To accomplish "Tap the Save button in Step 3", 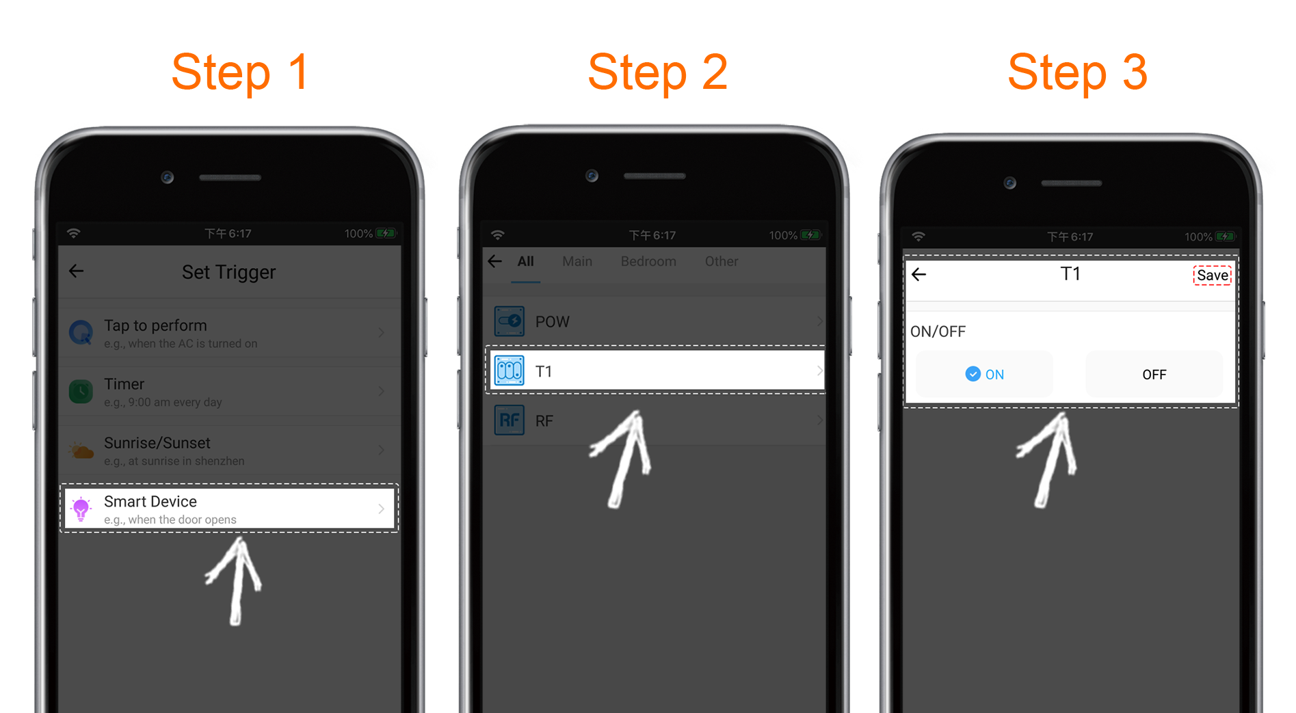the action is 1213,275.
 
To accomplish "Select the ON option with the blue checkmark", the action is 984,374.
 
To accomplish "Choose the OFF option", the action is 1154,374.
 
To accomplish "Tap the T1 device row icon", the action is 510,371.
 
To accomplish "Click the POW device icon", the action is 510,321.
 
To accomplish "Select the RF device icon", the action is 510,420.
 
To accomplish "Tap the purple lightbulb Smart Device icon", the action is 81,509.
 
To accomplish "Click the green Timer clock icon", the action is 81,392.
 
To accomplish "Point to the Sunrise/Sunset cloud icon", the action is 81,450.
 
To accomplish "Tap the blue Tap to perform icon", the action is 81,333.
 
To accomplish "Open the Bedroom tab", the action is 648,261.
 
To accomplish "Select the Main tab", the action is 577,261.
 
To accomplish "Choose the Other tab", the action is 722,261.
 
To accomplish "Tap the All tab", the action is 525,261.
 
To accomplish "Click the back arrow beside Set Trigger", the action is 77,271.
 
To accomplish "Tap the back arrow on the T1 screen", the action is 918,275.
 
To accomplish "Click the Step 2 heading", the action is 657,72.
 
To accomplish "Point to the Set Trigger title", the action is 228,272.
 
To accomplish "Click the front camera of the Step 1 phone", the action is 168,178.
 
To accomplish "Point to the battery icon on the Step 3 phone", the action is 1225,237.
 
